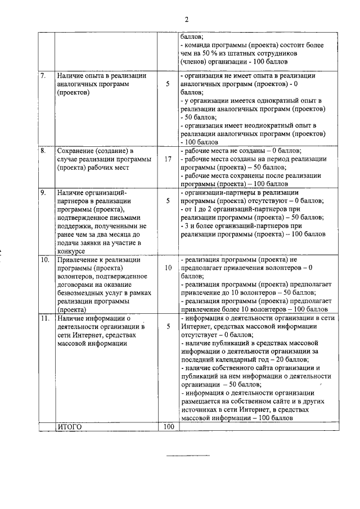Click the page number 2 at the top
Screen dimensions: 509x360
[x=186, y=19]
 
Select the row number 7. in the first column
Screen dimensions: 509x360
[x=43, y=75]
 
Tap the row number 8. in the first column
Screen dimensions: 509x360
[x=43, y=151]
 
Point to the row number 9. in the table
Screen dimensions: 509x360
[x=43, y=193]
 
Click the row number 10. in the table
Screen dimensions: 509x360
[x=45, y=260]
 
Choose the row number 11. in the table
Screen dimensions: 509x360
[x=45, y=319]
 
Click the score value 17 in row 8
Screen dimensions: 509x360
[x=168, y=159]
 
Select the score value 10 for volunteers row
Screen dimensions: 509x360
[x=168, y=268]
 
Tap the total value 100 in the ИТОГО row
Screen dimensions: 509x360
[x=168, y=427]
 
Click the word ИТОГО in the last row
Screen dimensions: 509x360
[x=70, y=427]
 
